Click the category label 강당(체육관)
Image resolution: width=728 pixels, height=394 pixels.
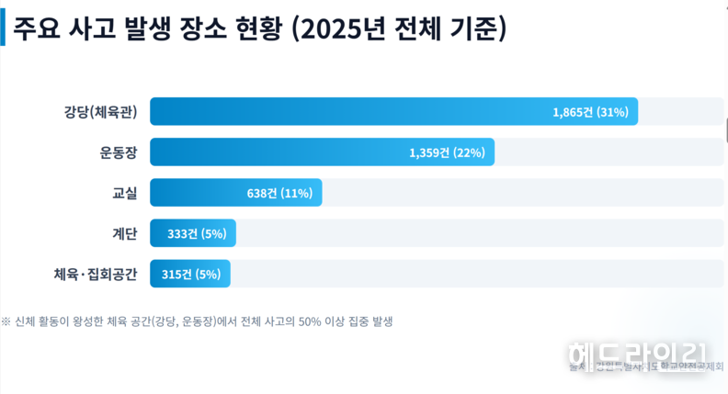point(100,112)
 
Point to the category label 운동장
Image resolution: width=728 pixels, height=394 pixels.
point(118,152)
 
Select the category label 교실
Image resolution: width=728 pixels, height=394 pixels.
point(124,193)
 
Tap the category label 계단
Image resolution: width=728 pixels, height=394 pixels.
point(124,233)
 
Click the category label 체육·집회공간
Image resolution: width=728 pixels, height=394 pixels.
point(96,274)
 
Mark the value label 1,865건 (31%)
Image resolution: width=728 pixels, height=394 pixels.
point(590,112)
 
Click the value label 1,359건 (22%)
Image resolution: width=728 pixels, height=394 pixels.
point(447,152)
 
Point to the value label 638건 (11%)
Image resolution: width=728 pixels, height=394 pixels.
point(279,193)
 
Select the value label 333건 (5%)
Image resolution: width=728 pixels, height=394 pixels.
point(197,233)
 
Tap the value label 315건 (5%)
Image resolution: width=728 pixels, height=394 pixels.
point(191,274)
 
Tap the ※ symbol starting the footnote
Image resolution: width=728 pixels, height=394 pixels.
point(6,321)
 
